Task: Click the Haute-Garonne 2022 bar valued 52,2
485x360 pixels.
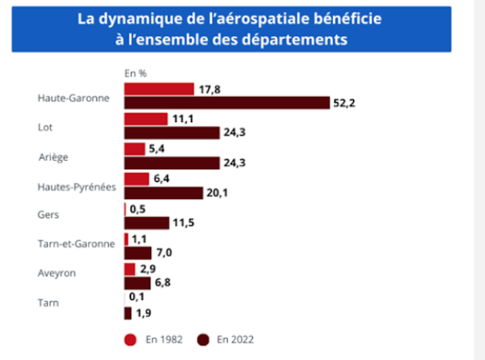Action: tap(226, 103)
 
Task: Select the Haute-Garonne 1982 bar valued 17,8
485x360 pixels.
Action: tap(159, 88)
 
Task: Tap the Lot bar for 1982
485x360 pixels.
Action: tap(145, 118)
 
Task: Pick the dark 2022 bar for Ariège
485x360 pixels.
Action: tap(171, 163)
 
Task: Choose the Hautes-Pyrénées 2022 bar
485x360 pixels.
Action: tap(163, 193)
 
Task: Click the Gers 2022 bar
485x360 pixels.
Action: tap(146, 222)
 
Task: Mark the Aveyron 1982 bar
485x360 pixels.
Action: tap(129, 269)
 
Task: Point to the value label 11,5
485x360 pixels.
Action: tap(185, 222)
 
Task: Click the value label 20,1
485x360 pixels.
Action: tap(218, 193)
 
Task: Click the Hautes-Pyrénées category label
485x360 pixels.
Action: tap(77, 186)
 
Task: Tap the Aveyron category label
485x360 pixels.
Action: tap(57, 273)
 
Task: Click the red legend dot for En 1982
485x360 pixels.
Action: tap(129, 340)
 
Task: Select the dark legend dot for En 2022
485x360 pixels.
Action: tap(203, 340)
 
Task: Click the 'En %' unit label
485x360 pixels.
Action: tap(135, 73)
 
